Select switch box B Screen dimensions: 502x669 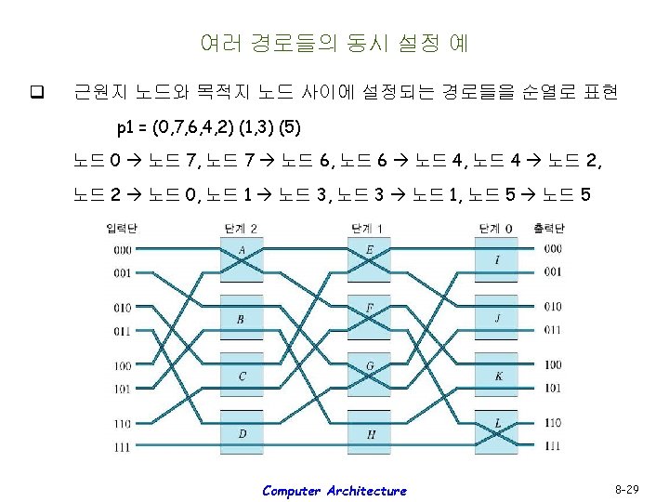[242, 318]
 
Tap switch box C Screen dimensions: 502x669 [242, 376]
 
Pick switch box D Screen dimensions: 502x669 [242, 433]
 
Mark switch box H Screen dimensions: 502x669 [370, 433]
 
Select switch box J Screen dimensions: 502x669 [498, 318]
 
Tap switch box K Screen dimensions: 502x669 [498, 376]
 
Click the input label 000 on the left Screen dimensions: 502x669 [122, 249]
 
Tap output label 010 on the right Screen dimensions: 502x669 [553, 307]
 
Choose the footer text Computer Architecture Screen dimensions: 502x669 [334, 491]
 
